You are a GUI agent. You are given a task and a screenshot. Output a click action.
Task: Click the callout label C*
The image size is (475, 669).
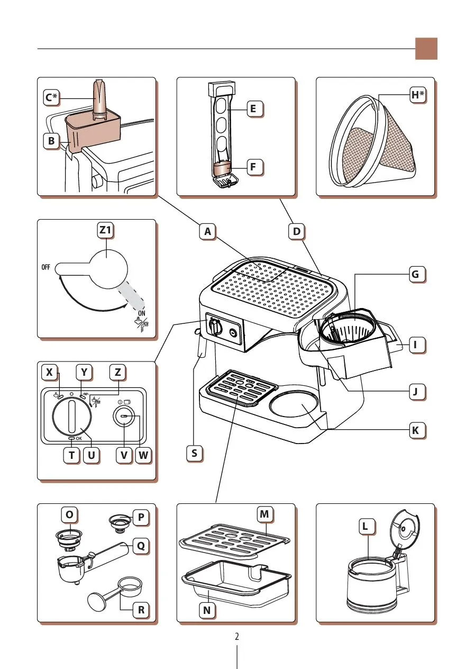point(51,98)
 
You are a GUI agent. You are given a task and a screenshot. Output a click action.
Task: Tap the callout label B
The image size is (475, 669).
point(51,141)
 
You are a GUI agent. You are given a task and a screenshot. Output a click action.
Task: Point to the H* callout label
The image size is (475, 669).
point(418,95)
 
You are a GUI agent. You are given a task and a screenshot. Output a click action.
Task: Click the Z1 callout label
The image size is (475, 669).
point(106,231)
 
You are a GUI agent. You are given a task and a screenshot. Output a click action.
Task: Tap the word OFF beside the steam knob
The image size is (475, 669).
point(46,267)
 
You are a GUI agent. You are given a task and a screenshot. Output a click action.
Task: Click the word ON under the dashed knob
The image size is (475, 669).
point(141,312)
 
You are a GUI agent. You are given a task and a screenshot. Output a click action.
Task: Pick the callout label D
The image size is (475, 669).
point(297,231)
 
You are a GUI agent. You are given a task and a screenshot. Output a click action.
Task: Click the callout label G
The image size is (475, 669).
point(416,274)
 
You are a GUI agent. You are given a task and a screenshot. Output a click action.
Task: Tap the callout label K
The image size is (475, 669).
point(416,430)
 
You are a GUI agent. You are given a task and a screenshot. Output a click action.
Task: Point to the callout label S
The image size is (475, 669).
point(195,453)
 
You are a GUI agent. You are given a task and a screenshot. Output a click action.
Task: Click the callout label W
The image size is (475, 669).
point(142,455)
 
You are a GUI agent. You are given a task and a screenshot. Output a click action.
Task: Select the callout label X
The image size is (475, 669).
point(50,373)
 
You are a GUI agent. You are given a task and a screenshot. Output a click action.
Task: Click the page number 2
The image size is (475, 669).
point(237,636)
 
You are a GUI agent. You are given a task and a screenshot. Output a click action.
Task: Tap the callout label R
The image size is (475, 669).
point(141,610)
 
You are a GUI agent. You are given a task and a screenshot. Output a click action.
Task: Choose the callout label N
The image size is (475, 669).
point(207,610)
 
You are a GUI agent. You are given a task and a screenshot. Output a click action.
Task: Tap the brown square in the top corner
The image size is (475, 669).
point(426,49)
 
